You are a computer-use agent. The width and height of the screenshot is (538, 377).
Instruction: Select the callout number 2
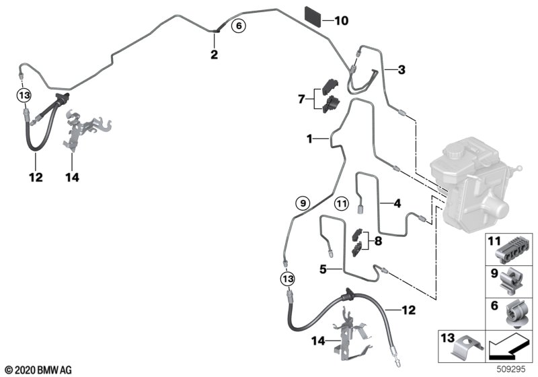coord(214,55)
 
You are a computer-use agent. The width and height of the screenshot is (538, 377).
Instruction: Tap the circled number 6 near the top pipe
coord(239,26)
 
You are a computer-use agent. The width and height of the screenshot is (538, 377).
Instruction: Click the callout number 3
coord(401,70)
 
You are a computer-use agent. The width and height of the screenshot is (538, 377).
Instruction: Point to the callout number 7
coord(301,99)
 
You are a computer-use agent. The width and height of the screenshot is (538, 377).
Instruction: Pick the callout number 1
coord(309,139)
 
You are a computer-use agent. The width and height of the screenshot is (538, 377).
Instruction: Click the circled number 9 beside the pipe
coord(303,203)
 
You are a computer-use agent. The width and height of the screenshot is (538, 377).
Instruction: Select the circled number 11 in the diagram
coord(342,204)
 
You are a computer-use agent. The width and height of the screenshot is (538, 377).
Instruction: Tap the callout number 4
coord(397,203)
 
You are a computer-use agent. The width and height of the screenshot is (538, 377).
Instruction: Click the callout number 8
coord(378,241)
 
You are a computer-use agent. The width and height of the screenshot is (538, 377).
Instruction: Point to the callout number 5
coord(323,269)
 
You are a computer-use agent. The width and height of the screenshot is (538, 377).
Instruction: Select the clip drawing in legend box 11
coord(511,250)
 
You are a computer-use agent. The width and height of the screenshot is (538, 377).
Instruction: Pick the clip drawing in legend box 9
coord(512,282)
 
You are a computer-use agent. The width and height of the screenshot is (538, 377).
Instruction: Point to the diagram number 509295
coord(511,369)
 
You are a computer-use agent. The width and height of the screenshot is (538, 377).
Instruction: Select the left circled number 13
coord(24,95)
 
